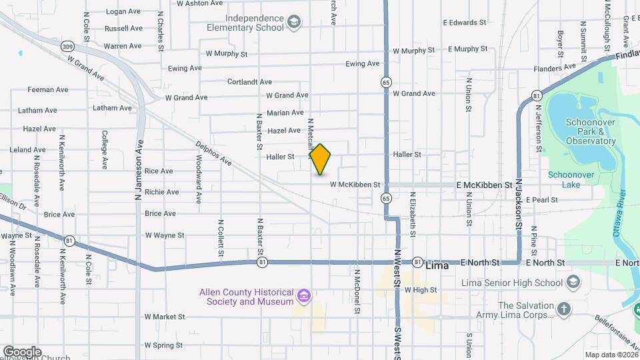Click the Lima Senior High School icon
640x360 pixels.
(572, 282)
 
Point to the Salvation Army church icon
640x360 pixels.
(564, 308)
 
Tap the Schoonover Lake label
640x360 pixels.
(564, 179)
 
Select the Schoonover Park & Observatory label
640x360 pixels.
(590, 131)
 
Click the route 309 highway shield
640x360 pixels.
(67, 46)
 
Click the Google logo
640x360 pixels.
(22, 351)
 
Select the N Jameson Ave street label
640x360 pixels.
(139, 170)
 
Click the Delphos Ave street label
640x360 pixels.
(213, 153)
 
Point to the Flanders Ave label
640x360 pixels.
(555, 67)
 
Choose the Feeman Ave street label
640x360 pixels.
(48, 89)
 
